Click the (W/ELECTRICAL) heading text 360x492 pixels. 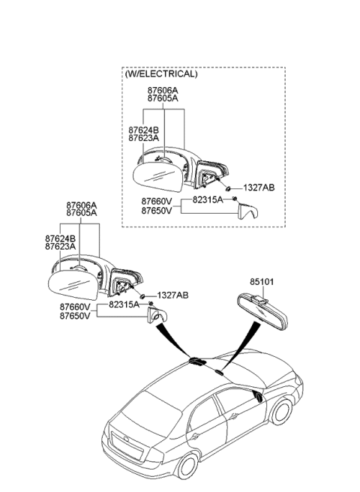coord(162,74)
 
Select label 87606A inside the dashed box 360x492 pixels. coord(163,89)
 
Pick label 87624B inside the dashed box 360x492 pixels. coord(144,129)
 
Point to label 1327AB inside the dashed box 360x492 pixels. coord(259,187)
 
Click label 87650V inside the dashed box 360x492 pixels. coord(156,211)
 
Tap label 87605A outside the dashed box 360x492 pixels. coord(81,213)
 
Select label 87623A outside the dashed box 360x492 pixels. coord(60,246)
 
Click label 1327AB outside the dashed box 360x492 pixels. coord(172,295)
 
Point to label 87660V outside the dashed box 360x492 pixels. coord(76,307)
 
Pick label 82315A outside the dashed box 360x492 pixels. coord(124,305)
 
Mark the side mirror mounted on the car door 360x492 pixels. coord(258,397)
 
